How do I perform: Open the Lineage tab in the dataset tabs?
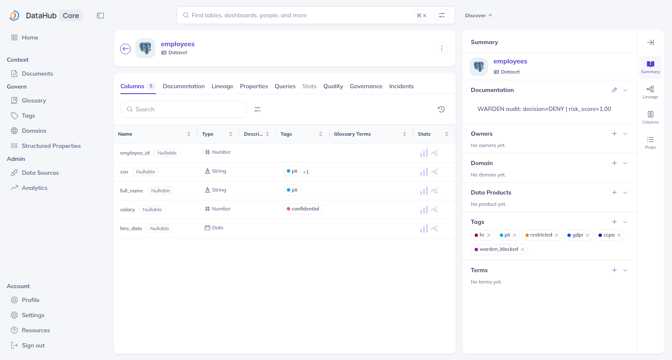tap(222, 86)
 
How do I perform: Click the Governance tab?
tap(366, 86)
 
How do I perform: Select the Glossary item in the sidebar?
tap(34, 100)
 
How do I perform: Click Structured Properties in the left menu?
tap(51, 146)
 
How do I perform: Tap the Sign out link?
tap(33, 345)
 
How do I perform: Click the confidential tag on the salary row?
tap(303, 209)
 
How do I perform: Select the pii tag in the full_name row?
tap(292, 190)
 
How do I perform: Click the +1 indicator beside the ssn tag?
tap(306, 172)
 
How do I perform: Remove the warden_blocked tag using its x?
tap(522, 250)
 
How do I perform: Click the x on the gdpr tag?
tap(588, 235)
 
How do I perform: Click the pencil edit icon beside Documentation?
tap(614, 90)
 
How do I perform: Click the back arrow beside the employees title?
tap(126, 49)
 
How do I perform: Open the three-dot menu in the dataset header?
tap(441, 48)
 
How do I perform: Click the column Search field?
tap(184, 109)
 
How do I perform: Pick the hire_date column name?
tap(131, 228)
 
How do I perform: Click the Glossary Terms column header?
tap(352, 134)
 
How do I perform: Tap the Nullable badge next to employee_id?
tap(167, 153)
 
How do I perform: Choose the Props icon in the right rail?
tap(651, 143)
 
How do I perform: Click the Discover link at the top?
tap(478, 15)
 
